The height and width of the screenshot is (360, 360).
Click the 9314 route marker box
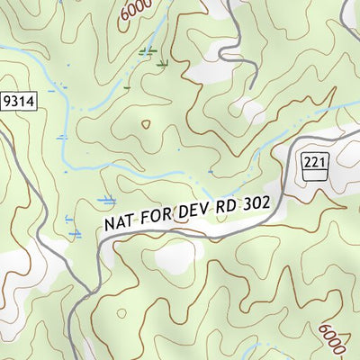click(x=18, y=102)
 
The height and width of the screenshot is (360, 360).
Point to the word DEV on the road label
click(x=195, y=210)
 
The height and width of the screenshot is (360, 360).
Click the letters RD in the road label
click(x=229, y=206)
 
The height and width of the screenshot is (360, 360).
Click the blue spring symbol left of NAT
click(x=106, y=199)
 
